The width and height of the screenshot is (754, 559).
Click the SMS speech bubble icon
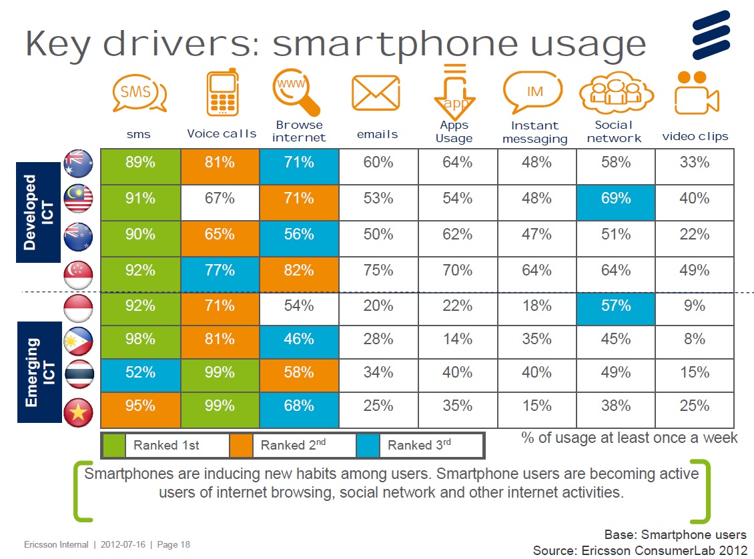[139, 94]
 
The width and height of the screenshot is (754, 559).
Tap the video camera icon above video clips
[696, 94]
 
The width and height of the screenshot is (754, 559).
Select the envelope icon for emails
[375, 94]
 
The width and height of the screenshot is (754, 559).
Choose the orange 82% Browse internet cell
[299, 270]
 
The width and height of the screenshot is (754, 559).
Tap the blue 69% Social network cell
[615, 198]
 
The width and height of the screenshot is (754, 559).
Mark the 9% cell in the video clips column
[694, 306]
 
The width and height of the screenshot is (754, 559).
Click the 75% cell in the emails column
[378, 270]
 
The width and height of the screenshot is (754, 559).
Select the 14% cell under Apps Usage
[457, 339]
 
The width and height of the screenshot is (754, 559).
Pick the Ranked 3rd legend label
[419, 446]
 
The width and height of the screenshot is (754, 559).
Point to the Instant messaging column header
[534, 132]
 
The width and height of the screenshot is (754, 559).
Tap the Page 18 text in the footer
[173, 545]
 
